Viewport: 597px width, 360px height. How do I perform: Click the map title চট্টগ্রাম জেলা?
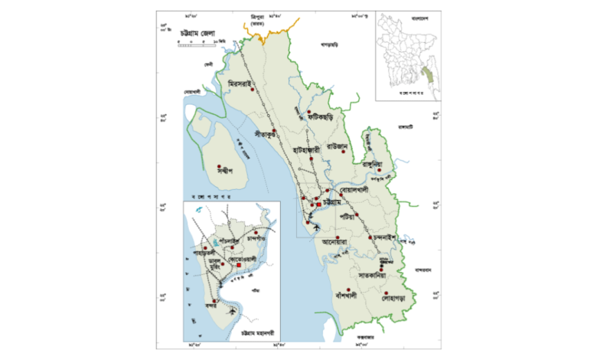(x=198, y=34)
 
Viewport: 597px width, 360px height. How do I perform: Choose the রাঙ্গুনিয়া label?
(x=377, y=165)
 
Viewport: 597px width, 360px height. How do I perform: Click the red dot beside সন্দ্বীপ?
(x=220, y=165)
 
